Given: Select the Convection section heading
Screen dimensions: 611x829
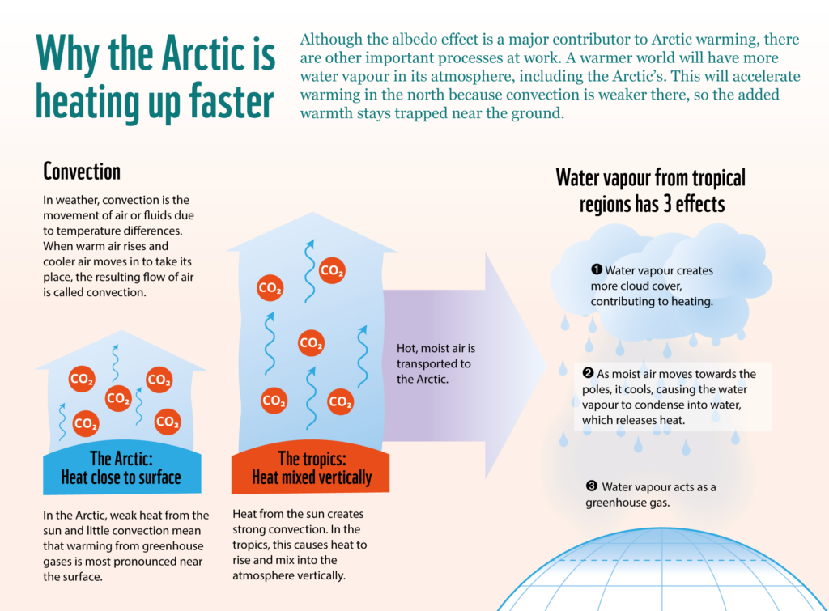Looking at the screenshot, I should [82, 172].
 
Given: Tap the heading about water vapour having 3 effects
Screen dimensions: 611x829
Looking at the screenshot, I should [651, 189].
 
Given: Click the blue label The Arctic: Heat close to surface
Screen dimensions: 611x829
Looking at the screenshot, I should [121, 469].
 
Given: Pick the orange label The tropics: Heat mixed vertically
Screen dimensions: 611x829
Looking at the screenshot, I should [311, 469].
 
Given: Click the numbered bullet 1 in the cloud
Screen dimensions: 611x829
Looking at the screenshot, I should [596, 270].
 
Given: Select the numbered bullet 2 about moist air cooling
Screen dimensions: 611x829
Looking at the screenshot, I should [588, 373].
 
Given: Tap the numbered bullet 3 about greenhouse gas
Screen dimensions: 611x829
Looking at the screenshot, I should [591, 486].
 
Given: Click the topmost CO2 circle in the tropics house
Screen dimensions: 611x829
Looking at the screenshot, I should [331, 271].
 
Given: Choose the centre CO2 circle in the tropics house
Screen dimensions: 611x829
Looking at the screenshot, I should [311, 342].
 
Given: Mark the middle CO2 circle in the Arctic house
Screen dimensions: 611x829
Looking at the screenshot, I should [118, 398].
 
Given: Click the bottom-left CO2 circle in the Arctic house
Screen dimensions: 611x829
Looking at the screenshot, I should [85, 423].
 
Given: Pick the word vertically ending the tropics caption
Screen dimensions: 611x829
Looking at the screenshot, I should [322, 575].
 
